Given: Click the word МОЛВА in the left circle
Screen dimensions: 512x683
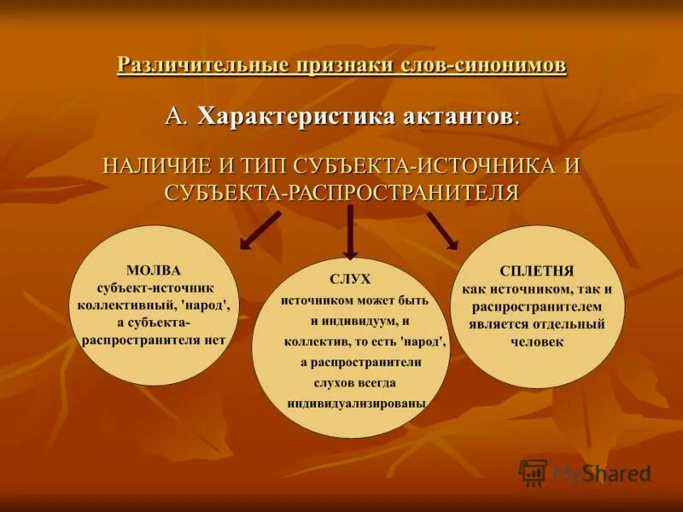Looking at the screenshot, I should click(155, 270).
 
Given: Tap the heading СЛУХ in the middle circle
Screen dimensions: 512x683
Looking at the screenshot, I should click(350, 280).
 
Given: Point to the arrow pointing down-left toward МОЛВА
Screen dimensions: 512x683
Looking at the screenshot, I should click(260, 231).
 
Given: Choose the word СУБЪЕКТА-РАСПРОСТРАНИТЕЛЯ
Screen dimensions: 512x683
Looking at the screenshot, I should click(341, 191).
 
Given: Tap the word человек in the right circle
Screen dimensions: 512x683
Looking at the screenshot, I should click(539, 341).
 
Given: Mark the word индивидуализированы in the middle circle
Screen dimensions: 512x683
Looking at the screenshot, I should click(356, 404).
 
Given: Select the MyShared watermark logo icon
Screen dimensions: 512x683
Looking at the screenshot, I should click(534, 472).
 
